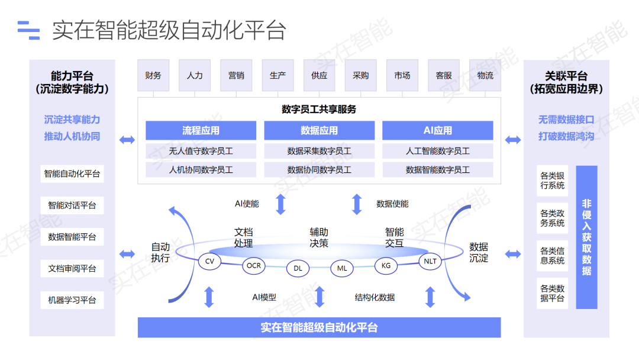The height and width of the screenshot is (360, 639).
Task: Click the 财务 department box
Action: point(153,75)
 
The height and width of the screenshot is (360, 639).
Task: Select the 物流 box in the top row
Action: point(485,75)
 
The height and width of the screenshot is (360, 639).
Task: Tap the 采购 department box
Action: point(361,75)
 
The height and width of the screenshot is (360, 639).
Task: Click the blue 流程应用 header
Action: point(201,130)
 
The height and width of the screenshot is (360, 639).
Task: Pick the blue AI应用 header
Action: point(438,130)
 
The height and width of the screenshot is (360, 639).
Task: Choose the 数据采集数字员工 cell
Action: point(319,151)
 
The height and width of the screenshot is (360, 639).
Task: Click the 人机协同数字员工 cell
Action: point(201,169)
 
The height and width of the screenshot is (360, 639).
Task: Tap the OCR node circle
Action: point(253,265)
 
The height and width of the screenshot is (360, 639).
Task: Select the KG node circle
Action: point(386,265)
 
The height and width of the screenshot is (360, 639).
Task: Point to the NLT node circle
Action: point(430,261)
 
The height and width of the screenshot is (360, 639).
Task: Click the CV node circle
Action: point(209,261)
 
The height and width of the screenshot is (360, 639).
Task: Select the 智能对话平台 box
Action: point(72,205)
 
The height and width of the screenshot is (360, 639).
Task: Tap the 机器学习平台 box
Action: point(72,300)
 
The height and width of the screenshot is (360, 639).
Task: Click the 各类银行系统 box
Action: point(552,181)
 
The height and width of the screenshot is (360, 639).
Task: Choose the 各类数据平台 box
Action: point(552,294)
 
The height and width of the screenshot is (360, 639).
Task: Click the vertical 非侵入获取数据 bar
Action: point(586,237)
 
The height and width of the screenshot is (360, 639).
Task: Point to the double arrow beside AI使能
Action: point(281,204)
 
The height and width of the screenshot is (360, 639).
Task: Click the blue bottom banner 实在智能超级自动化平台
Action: point(319,327)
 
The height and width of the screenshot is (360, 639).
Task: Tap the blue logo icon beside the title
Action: point(28,30)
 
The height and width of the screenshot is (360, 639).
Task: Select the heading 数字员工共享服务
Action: point(319,110)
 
